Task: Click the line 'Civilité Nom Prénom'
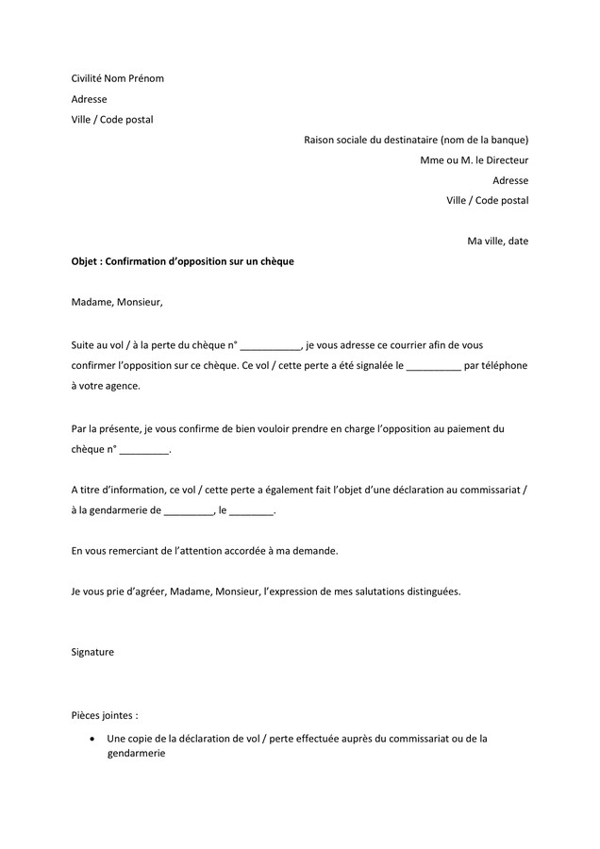(117, 78)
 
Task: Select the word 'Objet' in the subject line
(85, 261)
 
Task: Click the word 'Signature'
(92, 652)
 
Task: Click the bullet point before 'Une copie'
(91, 739)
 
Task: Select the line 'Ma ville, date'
(497, 241)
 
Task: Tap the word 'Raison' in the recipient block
(320, 141)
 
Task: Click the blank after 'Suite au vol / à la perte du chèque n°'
(271, 346)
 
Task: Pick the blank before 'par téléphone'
(434, 366)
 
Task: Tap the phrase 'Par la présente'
(105, 428)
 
